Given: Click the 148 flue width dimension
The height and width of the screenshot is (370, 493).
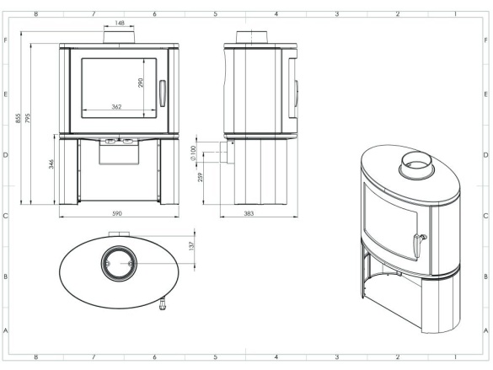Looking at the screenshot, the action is (120, 23).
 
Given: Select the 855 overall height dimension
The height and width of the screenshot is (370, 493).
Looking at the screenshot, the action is (19, 119).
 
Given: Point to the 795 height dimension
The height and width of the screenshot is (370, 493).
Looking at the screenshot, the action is (28, 119).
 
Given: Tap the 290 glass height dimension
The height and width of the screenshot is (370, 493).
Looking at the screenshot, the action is (141, 83).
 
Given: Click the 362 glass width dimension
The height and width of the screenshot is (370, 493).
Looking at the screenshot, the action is (116, 107).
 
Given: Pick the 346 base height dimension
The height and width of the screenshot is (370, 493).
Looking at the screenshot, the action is (51, 164).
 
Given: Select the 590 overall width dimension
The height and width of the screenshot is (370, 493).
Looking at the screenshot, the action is (117, 214).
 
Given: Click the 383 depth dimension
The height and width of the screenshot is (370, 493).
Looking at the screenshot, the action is (249, 214).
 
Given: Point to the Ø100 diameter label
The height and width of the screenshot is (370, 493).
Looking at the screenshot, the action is (193, 153).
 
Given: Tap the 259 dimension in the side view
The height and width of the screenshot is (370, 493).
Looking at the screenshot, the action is (201, 177).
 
